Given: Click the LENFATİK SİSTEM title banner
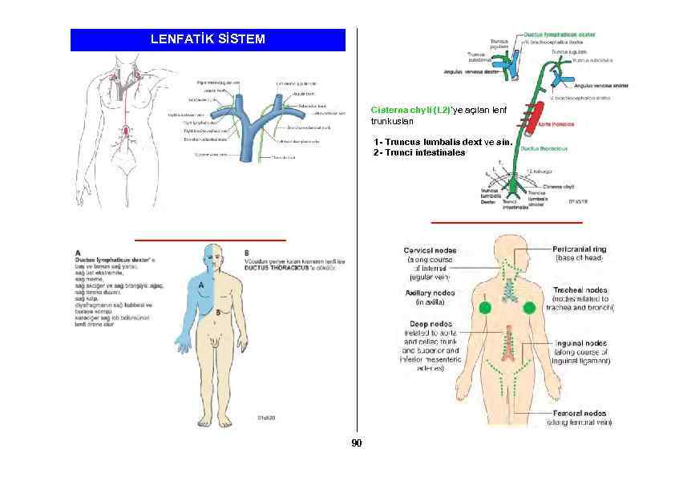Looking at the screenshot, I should (208, 39).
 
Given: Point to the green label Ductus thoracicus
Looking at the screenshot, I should (545, 148).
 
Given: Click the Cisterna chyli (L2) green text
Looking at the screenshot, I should (402, 108).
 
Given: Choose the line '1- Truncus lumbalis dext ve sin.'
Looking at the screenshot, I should (442, 142).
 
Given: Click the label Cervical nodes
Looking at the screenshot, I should (430, 250).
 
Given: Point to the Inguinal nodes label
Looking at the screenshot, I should (580, 342).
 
